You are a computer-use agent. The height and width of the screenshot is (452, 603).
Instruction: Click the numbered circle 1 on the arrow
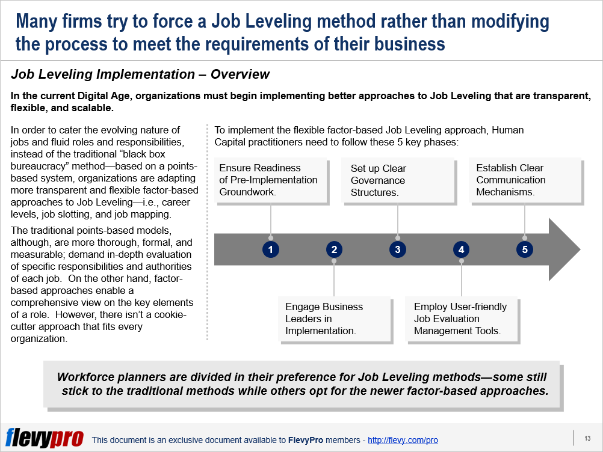(x=271, y=249)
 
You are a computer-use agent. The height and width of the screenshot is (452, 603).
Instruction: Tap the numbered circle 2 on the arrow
(x=334, y=249)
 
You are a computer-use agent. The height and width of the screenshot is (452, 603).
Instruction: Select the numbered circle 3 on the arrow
(x=398, y=249)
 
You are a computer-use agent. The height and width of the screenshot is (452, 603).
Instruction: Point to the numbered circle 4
(x=461, y=249)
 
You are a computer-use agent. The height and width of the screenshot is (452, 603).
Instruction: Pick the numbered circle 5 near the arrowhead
(x=525, y=249)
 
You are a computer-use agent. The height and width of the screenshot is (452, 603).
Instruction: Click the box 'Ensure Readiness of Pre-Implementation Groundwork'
(x=271, y=180)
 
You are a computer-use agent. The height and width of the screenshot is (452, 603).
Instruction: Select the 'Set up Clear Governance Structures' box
(x=398, y=180)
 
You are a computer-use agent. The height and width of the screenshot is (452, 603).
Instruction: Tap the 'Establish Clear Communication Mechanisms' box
(x=525, y=180)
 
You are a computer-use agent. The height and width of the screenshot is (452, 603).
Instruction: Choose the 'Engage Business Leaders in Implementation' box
(x=334, y=319)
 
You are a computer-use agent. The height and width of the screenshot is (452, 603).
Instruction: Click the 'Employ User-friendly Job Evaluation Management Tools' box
(x=461, y=319)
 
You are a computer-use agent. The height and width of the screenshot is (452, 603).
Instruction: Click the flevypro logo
(x=44, y=438)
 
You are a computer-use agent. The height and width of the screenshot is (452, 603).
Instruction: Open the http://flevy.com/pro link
(x=403, y=440)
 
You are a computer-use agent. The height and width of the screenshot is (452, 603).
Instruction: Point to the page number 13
(x=587, y=438)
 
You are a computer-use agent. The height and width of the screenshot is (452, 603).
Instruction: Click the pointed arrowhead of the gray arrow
(x=580, y=249)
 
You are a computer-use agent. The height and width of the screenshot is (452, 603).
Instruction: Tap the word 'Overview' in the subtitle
(x=240, y=74)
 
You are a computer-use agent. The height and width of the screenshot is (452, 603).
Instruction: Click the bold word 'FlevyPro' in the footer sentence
(x=306, y=440)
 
